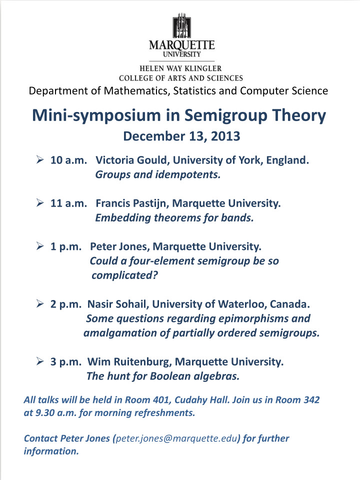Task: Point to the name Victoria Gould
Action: (x=128, y=160)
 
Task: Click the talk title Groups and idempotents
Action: (x=157, y=175)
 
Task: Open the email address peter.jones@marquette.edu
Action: (x=176, y=438)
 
